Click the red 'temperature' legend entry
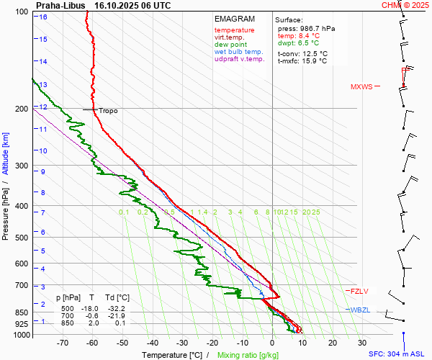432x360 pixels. pyautogui.click(x=234, y=30)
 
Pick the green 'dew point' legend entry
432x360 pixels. pyautogui.click(x=230, y=45)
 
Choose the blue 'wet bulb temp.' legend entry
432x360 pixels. pyautogui.click(x=238, y=52)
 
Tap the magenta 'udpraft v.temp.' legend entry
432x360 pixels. pyautogui.click(x=240, y=59)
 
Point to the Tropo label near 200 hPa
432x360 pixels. pyautogui.click(x=108, y=111)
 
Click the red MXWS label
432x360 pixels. pyautogui.click(x=361, y=87)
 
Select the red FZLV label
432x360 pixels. pyautogui.click(x=359, y=292)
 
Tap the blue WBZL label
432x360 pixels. pyautogui.click(x=360, y=310)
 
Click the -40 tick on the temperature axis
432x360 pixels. pyautogui.click(x=152, y=343)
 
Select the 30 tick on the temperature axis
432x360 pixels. pyautogui.click(x=362, y=343)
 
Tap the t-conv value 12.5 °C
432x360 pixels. pyautogui.click(x=313, y=53)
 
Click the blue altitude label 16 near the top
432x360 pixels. pyautogui.click(x=43, y=17)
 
